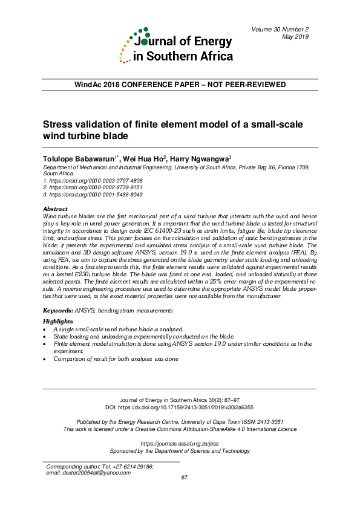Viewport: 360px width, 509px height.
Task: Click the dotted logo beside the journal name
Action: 134,45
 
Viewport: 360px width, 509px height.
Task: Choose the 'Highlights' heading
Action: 58,321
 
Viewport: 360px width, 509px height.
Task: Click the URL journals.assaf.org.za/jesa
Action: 179,443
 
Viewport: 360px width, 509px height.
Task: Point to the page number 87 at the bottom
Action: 186,478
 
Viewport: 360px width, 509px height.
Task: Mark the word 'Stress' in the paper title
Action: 58,125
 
